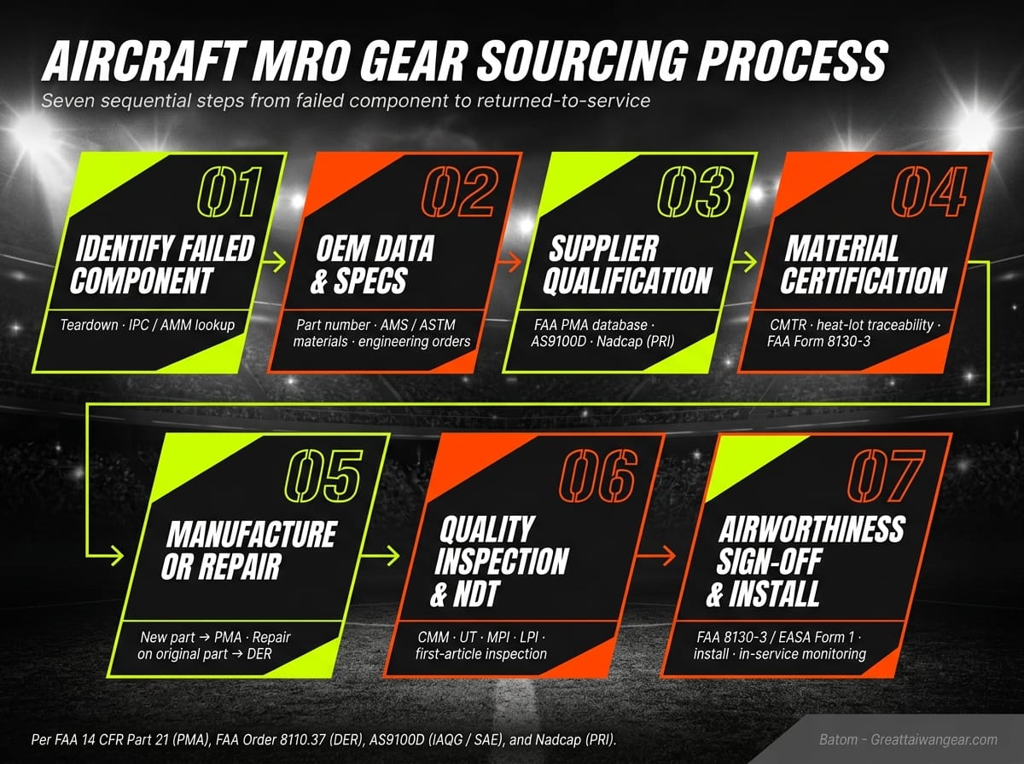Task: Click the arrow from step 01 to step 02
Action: pos(275,264)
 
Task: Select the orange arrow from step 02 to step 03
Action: pos(510,264)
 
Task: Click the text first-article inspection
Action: pos(475,654)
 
